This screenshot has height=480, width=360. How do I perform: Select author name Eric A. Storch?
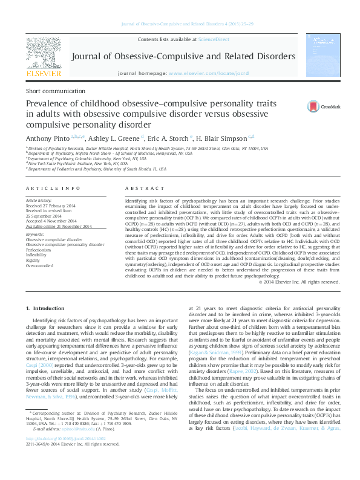pos(169,138)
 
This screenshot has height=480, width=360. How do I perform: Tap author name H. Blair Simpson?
pos(221,138)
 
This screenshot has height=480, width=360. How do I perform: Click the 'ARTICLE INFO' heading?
pos(50,189)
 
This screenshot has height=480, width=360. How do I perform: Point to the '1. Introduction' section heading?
pos(46,310)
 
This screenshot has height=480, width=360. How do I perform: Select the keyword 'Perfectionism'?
pos(39,248)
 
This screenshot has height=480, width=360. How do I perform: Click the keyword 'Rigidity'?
pos(33,259)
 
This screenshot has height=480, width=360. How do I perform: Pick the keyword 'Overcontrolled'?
pos(40,265)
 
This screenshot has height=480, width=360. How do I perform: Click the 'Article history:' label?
pos(39,199)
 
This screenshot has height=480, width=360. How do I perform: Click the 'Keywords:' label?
pos(34,233)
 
